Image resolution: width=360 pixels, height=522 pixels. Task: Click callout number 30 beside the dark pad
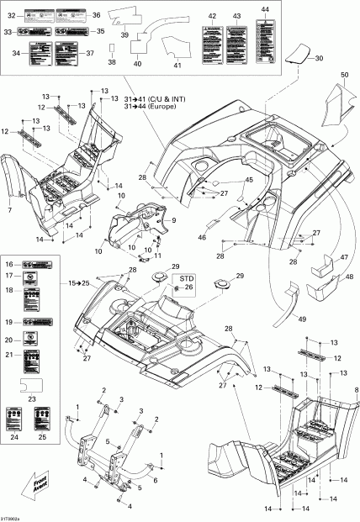coord(318,59)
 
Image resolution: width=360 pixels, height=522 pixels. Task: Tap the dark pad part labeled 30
coord(295,56)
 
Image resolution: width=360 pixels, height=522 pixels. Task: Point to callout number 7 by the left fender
coord(10,208)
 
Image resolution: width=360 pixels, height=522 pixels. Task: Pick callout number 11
coord(157,256)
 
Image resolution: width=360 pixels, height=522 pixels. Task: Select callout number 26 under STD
coord(188,287)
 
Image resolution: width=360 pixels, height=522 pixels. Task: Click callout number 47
coord(344,259)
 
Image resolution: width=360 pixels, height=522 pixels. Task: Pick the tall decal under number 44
coord(266,37)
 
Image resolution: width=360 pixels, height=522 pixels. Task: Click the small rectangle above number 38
coord(113,48)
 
